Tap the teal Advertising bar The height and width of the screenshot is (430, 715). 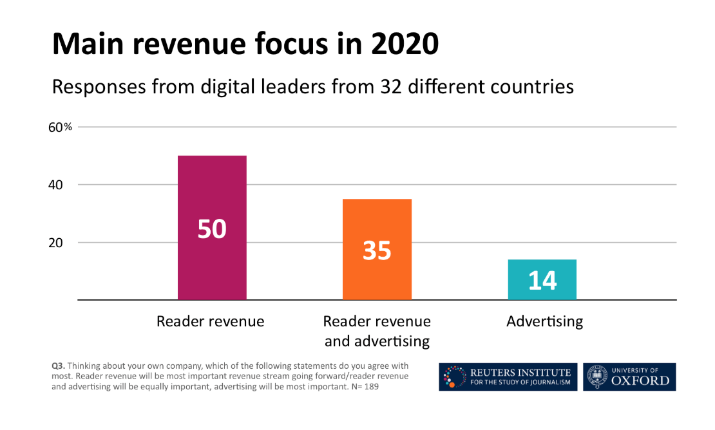click(542, 279)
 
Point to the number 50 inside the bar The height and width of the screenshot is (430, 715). click(212, 229)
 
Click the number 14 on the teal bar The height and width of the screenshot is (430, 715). click(542, 281)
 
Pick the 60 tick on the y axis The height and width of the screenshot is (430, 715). click(56, 127)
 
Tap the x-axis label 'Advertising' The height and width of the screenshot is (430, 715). click(544, 321)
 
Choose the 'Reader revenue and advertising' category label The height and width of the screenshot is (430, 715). click(377, 330)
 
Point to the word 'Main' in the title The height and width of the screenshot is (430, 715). click(88, 44)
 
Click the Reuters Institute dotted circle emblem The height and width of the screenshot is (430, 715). click(455, 377)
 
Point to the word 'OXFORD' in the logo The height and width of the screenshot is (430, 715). click(640, 380)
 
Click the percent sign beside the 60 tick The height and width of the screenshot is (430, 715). click(68, 127)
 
